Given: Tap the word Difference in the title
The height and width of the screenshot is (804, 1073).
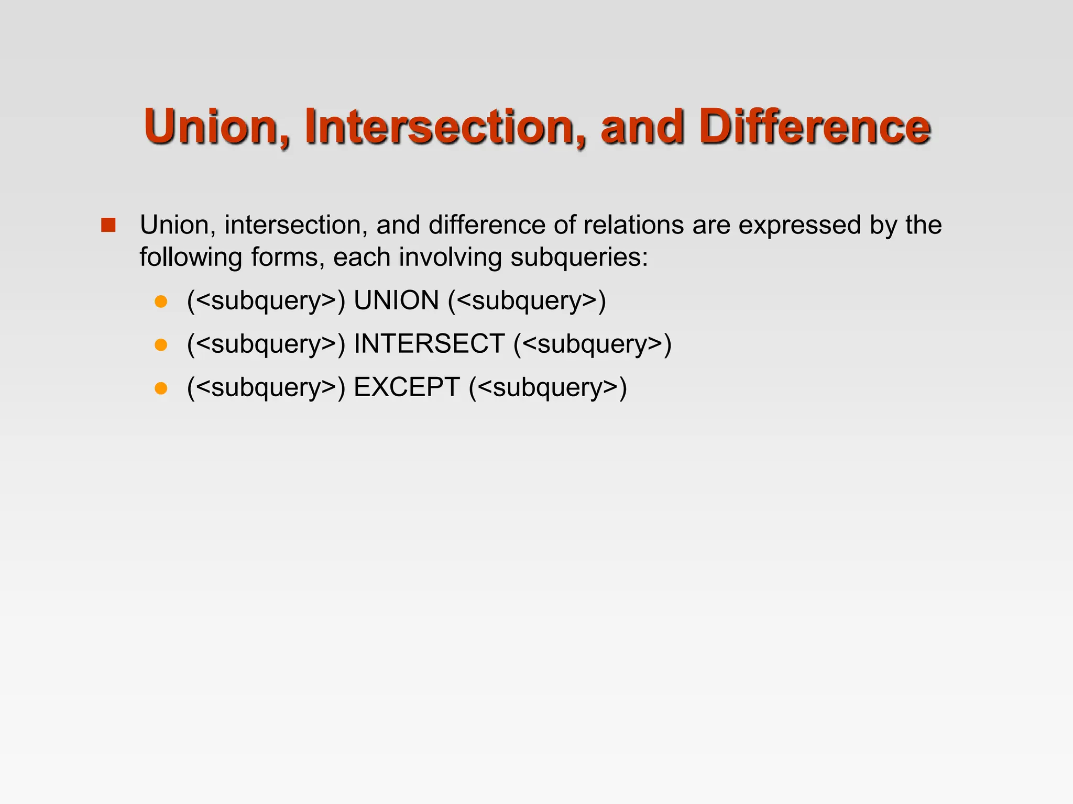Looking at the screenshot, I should [x=815, y=127].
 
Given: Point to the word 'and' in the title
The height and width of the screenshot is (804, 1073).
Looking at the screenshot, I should [x=642, y=127].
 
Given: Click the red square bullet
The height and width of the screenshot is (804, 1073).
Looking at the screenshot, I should [x=108, y=225].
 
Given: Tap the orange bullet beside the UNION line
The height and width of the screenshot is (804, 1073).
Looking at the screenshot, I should [x=161, y=301].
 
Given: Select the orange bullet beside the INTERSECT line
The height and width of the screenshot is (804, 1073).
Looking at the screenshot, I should [x=161, y=345].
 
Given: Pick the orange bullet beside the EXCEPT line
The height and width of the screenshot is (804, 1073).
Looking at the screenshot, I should [x=161, y=388].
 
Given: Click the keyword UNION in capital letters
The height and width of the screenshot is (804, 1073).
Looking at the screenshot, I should [x=396, y=301].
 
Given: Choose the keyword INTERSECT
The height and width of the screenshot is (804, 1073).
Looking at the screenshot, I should [x=429, y=344].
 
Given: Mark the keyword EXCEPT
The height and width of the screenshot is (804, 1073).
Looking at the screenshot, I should [x=407, y=388].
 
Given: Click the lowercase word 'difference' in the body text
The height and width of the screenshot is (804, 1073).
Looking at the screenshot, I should [x=487, y=225].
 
